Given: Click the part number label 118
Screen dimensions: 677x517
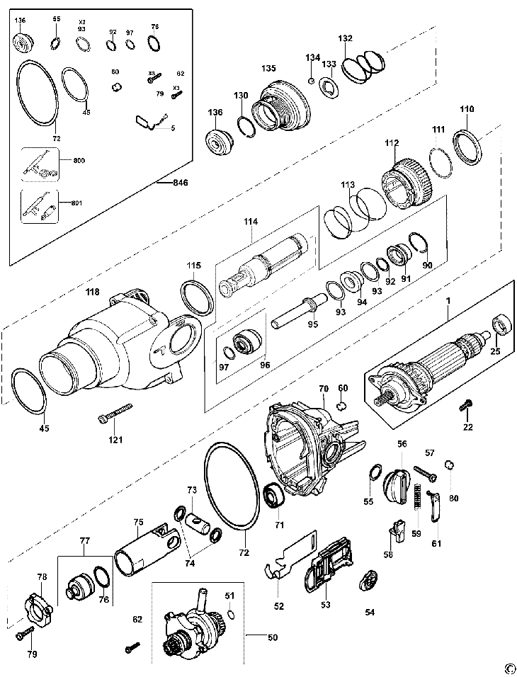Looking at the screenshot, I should [93, 292].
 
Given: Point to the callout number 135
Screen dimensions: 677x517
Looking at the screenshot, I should [268, 69].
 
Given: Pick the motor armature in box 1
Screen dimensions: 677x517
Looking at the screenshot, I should [432, 364].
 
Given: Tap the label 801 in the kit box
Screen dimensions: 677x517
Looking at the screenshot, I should [77, 203].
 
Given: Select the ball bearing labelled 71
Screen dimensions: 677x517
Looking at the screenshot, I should [273, 496].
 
